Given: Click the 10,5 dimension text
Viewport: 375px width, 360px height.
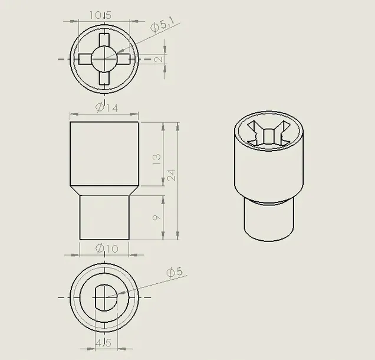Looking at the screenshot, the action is [x=101, y=15].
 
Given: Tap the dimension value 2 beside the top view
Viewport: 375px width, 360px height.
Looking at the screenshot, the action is [x=159, y=59].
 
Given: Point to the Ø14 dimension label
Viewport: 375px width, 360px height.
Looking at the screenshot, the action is [x=107, y=108].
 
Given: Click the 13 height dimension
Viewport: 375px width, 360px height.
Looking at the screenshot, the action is [x=157, y=160].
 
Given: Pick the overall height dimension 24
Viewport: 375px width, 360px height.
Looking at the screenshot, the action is [x=172, y=175].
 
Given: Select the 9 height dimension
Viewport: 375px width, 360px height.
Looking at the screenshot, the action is [x=157, y=218].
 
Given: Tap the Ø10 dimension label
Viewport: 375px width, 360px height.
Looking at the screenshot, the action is [x=107, y=248].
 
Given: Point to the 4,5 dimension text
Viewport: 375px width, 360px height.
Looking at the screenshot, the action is [x=104, y=343].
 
